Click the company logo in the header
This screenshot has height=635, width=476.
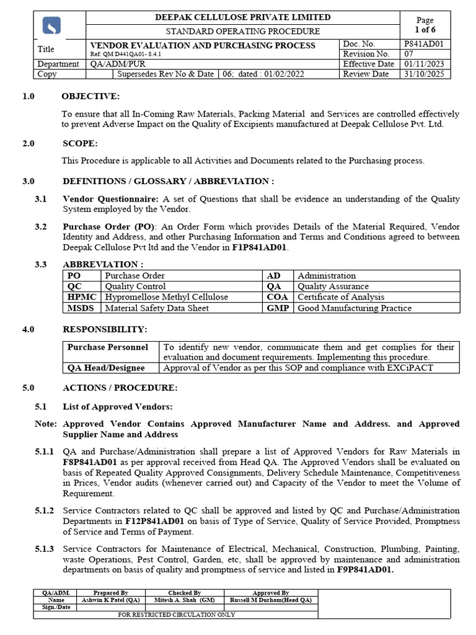pyautogui.click(x=51, y=25)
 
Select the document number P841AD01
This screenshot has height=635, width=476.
pyautogui.click(x=427, y=44)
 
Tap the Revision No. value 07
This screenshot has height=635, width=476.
pyautogui.click(x=409, y=54)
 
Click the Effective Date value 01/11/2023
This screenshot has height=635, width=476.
pyautogui.click(x=425, y=64)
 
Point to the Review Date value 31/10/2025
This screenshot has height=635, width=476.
pyautogui.click(x=425, y=74)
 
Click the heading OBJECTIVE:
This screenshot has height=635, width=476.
pyautogui.click(x=90, y=96)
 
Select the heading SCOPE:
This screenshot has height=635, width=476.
pyautogui.click(x=80, y=143)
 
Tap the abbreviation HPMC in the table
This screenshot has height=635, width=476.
pyautogui.click(x=82, y=297)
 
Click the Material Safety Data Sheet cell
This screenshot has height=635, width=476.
pyautogui.click(x=157, y=308)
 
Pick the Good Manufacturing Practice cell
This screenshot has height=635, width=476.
pyautogui.click(x=354, y=308)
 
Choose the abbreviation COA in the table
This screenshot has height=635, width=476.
pyautogui.click(x=277, y=297)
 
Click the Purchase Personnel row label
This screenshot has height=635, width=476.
pyautogui.click(x=108, y=347)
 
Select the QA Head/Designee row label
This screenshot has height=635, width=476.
pyautogui.click(x=106, y=368)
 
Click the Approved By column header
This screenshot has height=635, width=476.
pyautogui.click(x=270, y=593)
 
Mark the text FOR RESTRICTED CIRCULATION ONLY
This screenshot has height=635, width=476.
pyautogui.click(x=176, y=615)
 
